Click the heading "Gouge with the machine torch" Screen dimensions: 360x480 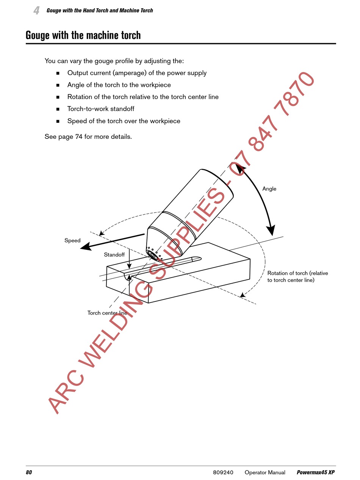[x=83, y=35]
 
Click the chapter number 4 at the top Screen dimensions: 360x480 [x=36, y=11]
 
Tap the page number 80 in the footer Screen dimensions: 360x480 [x=29, y=472]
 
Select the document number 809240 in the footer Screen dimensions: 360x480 [x=223, y=472]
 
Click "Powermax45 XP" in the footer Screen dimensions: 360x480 [x=315, y=472]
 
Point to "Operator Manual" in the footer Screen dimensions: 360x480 [x=265, y=472]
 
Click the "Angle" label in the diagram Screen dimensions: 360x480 [x=269, y=189]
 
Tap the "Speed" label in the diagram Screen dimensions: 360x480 [x=72, y=240]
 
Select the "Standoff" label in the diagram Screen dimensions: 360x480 [x=114, y=255]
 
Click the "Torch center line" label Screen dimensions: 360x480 [x=107, y=313]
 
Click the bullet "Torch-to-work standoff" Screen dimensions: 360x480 [x=100, y=109]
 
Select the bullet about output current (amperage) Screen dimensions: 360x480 [x=137, y=73]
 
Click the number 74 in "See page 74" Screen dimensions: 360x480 [x=78, y=136]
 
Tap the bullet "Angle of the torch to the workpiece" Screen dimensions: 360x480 [x=119, y=85]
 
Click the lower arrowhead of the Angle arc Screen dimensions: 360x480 [x=271, y=231]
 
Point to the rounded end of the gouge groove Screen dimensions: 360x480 [x=198, y=259]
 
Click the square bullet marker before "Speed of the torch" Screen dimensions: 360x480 [x=58, y=121]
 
